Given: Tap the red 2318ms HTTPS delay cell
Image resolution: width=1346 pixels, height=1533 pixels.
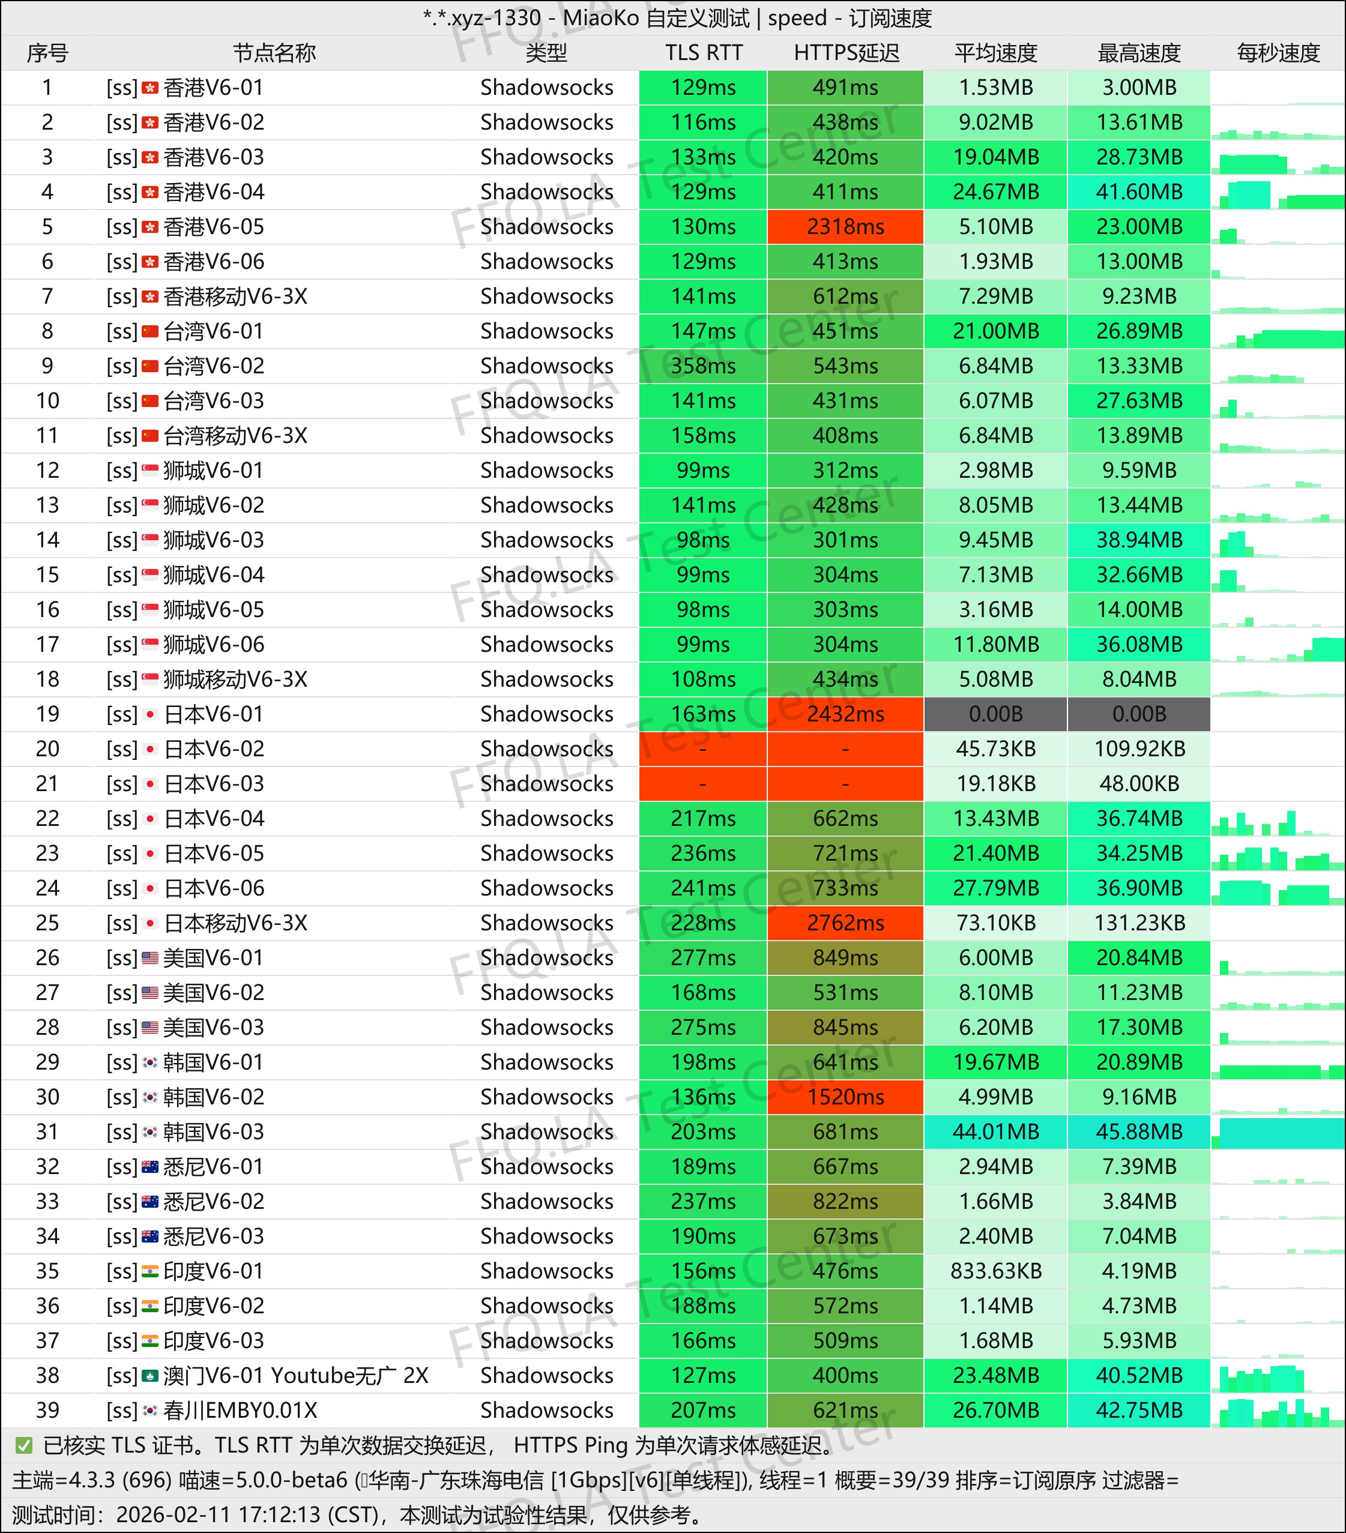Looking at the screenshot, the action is click(x=845, y=226).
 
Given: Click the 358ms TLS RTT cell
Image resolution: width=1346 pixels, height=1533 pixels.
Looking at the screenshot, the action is click(x=703, y=366).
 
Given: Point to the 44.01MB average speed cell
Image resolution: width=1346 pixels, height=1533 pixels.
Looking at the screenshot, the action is click(x=995, y=1132).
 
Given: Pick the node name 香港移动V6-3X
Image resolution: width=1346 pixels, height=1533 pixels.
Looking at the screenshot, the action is click(x=235, y=297).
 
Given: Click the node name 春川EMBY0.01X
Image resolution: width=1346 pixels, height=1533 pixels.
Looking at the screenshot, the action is click(x=240, y=1410).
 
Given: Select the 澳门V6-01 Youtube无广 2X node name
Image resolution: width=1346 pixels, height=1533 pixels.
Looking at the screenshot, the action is click(x=295, y=1376).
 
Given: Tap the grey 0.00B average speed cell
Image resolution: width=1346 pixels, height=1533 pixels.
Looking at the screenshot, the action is click(x=995, y=714).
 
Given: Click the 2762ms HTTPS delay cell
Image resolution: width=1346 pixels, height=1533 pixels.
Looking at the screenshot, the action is click(x=845, y=923).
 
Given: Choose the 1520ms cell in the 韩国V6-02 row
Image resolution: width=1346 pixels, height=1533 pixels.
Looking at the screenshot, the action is click(x=845, y=1097).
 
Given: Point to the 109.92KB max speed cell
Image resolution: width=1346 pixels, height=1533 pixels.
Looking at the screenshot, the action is click(x=1139, y=748).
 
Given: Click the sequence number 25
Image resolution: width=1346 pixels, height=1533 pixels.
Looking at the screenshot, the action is click(x=47, y=923).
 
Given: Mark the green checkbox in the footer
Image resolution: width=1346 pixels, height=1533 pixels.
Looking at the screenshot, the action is click(x=24, y=1445).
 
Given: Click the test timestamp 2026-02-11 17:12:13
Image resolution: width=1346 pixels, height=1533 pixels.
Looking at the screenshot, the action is click(x=220, y=1514).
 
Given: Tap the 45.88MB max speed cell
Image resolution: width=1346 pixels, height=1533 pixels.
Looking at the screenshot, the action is click(x=1139, y=1132).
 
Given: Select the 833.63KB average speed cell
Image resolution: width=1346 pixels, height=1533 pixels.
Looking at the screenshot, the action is click(x=995, y=1271).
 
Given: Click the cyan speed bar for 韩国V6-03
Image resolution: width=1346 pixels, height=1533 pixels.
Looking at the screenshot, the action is click(x=1282, y=1133).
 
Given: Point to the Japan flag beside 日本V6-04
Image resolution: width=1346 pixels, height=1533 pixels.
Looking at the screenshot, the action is click(x=150, y=818).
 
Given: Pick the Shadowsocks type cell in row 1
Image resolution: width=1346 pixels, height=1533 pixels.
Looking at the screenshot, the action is click(x=547, y=88).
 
